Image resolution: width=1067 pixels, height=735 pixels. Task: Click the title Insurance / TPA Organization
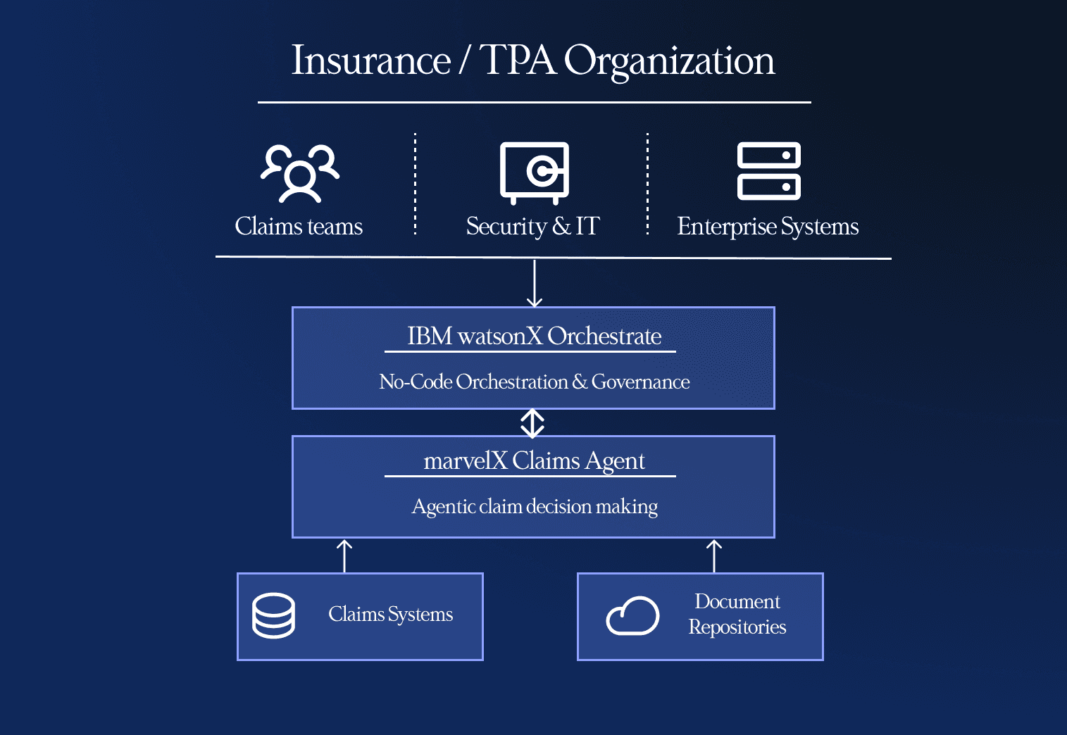click(533, 61)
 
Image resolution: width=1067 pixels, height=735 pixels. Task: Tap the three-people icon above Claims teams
click(300, 173)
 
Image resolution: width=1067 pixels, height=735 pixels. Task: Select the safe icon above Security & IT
click(534, 172)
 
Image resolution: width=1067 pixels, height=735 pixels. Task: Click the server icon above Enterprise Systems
click(768, 171)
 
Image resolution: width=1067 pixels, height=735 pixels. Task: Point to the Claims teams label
click(299, 227)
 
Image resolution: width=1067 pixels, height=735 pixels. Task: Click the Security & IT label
click(532, 227)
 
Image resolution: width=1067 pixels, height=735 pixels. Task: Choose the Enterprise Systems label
click(768, 227)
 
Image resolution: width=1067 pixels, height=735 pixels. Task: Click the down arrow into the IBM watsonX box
click(535, 283)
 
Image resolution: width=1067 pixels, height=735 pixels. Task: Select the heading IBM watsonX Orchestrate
click(534, 337)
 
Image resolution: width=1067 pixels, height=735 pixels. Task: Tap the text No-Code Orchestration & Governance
click(534, 382)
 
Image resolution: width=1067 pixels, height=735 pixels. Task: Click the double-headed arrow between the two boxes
click(532, 423)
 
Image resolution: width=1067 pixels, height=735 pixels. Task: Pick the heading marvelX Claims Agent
click(534, 461)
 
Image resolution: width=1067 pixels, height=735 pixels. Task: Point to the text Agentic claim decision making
click(535, 507)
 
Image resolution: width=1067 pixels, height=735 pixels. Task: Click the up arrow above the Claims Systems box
click(344, 556)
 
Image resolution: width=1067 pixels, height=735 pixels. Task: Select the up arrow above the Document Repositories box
click(714, 556)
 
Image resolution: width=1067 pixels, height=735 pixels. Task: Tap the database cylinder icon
click(273, 616)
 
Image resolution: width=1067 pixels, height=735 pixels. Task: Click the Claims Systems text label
click(390, 615)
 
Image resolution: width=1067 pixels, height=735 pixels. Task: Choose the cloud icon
click(632, 616)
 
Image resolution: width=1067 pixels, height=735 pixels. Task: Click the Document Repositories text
click(737, 615)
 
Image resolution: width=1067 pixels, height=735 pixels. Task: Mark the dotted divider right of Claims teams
click(416, 183)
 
